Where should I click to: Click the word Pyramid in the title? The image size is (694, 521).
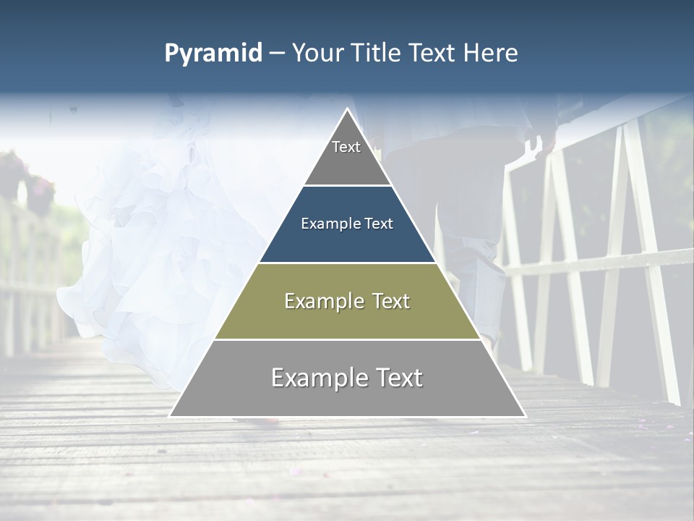pyautogui.click(x=213, y=54)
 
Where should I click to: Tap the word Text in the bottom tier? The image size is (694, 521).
pyautogui.click(x=398, y=378)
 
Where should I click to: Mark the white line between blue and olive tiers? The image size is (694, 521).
pyautogui.click(x=347, y=263)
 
